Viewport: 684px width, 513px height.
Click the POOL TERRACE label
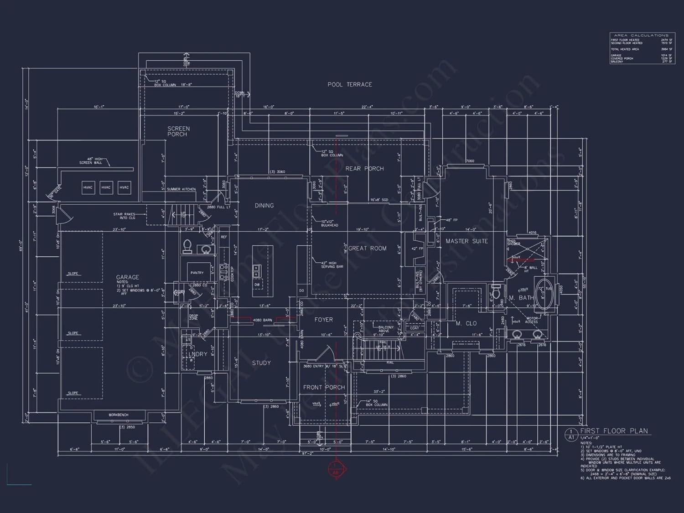coord(349,84)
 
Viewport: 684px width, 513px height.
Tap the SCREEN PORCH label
coord(178,131)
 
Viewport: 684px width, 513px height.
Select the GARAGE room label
coord(127,277)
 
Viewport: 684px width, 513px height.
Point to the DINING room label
coord(264,206)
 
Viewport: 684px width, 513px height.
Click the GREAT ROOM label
coord(368,249)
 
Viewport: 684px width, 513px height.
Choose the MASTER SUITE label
coord(466,241)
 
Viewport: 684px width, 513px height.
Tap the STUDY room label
coord(261,363)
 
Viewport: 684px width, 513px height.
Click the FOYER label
coord(323,320)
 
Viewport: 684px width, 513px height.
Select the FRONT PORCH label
coord(324,387)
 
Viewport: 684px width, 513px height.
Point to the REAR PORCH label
coord(364,169)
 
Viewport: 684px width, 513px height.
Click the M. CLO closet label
coord(466,323)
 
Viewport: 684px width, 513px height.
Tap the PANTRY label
coord(197,273)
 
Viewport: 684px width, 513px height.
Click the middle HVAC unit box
coord(106,187)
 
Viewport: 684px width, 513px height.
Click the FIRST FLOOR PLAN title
coord(614,431)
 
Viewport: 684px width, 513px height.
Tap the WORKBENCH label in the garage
coord(118,415)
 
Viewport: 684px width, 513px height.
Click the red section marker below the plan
coord(336,469)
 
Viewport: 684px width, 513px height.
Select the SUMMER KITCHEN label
coord(181,189)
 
